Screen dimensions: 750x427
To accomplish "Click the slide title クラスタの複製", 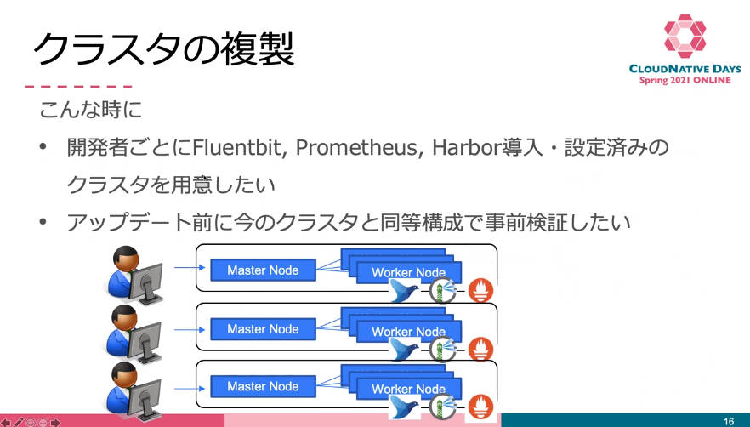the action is click(163, 49).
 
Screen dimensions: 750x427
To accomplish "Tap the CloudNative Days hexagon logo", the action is click(685, 36).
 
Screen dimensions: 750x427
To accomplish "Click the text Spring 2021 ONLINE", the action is click(685, 80).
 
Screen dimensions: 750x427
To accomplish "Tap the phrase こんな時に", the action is click(91, 110).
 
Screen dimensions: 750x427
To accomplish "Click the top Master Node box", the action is click(263, 270).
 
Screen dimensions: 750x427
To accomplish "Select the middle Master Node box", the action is click(263, 329).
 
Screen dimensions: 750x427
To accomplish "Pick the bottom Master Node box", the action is click(263, 386).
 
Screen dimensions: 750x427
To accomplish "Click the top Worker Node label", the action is click(408, 273).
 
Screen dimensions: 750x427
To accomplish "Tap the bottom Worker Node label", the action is click(408, 389).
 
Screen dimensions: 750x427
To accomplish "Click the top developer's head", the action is click(126, 259).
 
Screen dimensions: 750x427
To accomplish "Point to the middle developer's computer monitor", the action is click(145, 339).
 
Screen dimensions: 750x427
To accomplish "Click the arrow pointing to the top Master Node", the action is click(190, 268).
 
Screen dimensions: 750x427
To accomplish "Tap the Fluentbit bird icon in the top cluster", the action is click(405, 290).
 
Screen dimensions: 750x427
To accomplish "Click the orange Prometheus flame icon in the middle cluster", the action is click(480, 349).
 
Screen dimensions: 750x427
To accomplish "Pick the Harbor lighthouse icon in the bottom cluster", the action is click(442, 407).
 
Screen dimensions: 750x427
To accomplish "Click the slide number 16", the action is click(729, 421).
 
